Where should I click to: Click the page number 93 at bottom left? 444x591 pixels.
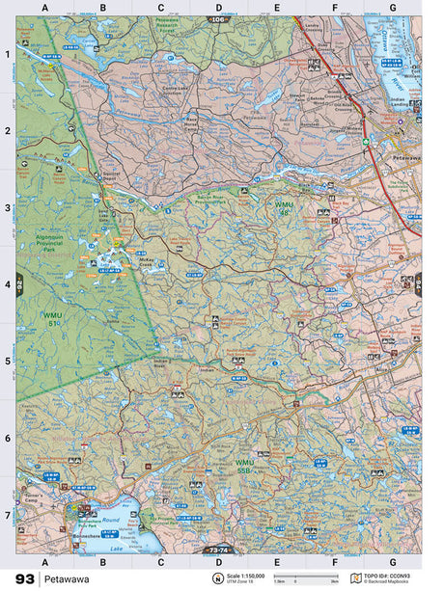[25, 578]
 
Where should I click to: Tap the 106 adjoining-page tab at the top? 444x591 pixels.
[218, 19]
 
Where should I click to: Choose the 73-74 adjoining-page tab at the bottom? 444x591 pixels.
[218, 550]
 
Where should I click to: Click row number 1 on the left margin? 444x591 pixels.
[8, 54]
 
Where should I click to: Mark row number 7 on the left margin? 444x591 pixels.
[8, 515]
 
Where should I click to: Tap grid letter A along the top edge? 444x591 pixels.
[44, 8]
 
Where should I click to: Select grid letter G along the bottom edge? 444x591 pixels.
[392, 561]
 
